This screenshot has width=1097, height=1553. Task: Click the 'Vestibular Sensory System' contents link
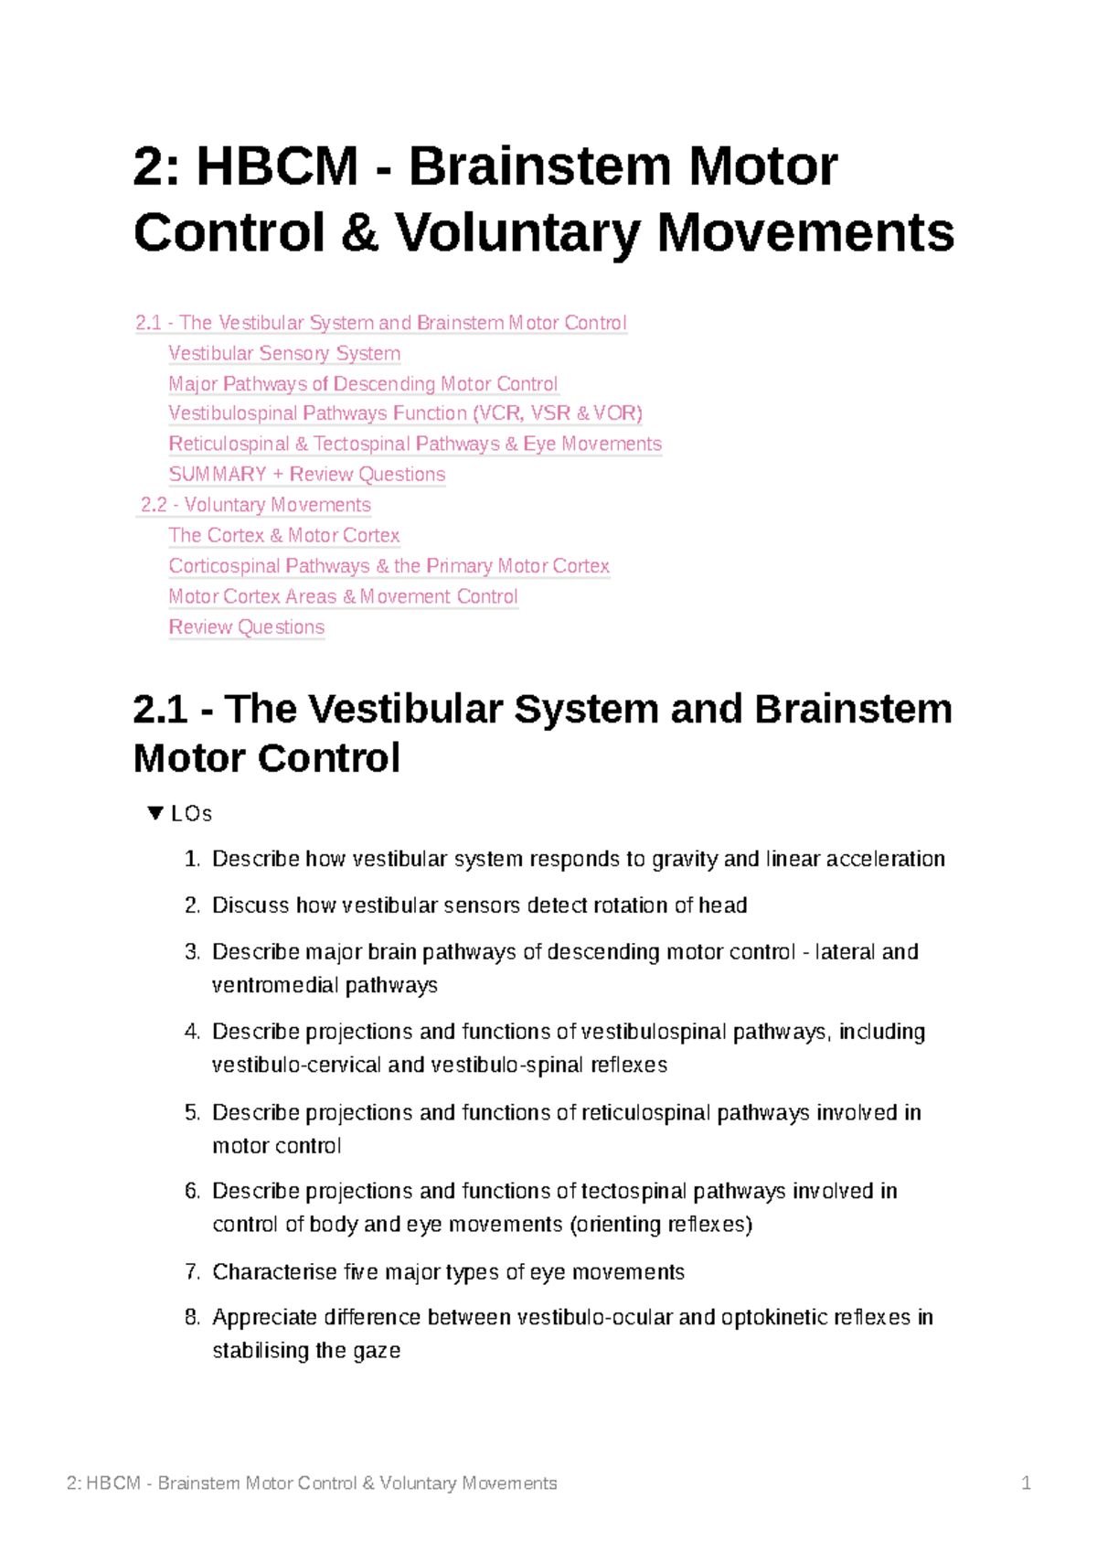(x=284, y=353)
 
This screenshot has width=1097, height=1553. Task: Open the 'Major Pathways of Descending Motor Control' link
(x=363, y=383)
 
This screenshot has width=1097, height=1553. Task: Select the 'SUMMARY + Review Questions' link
(x=306, y=474)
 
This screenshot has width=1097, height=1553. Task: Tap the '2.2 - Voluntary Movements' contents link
(x=255, y=505)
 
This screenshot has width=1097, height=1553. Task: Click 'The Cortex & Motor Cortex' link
(x=283, y=535)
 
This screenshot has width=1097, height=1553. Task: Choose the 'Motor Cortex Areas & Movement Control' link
(x=343, y=596)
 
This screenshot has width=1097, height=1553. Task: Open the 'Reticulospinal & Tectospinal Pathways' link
(x=414, y=444)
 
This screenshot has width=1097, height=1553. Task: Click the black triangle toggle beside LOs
(x=155, y=813)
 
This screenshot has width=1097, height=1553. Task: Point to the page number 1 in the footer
(x=1026, y=1483)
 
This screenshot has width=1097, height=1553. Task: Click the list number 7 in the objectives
(x=191, y=1271)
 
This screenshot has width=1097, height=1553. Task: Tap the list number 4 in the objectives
(x=191, y=1032)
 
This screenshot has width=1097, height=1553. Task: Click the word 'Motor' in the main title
(x=762, y=167)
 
